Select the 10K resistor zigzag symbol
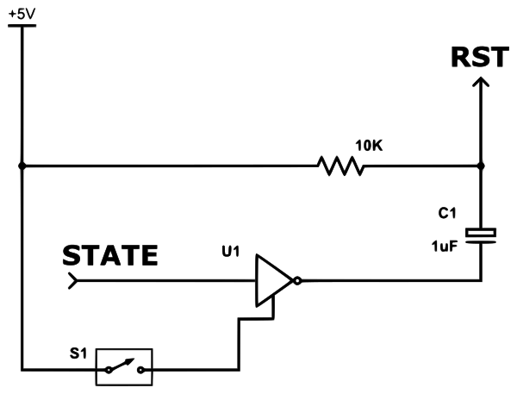pos(342,166)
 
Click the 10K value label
pos(368,146)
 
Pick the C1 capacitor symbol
pos(481,234)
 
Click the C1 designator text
pos(447,212)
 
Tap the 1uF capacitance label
pos(445,247)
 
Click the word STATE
pos(110,256)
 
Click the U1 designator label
pos(231,253)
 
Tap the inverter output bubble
pos(296,280)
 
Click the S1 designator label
pos(78,353)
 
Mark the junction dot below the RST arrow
pos(481,161)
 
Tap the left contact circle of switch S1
pos(107,372)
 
